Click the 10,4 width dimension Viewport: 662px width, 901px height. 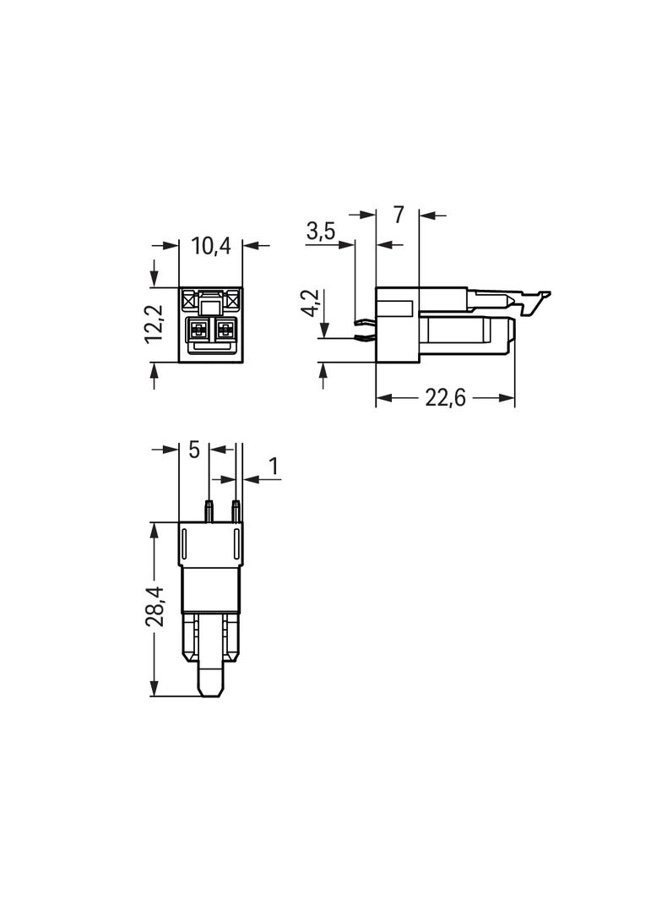click(211, 246)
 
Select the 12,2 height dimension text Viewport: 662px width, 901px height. click(155, 324)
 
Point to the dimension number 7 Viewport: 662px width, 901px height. click(398, 215)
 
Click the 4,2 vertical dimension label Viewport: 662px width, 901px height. click(310, 303)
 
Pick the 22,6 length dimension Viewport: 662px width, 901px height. click(445, 397)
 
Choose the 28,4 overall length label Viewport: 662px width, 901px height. click(155, 608)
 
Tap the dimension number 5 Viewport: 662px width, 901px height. click(194, 450)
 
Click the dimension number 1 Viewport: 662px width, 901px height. click(274, 467)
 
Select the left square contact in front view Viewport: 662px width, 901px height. click(198, 330)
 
